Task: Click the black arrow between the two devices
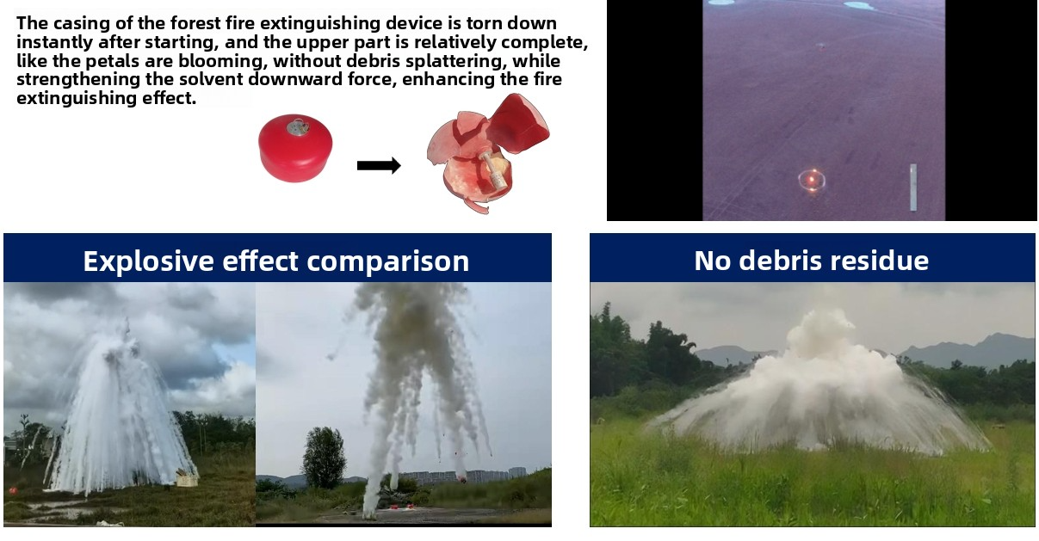click(x=379, y=165)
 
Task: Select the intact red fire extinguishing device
click(x=295, y=148)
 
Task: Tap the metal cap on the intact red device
click(x=298, y=127)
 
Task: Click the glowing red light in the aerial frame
click(x=812, y=180)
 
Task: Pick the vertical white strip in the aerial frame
click(x=912, y=188)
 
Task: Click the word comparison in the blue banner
click(x=387, y=261)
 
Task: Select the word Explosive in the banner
click(x=148, y=261)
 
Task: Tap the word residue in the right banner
click(x=880, y=260)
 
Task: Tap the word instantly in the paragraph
click(x=55, y=43)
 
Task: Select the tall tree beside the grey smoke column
click(x=324, y=458)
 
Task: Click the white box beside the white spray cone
click(x=187, y=478)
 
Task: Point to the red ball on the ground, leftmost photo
click(x=13, y=490)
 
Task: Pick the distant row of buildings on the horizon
click(x=464, y=476)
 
